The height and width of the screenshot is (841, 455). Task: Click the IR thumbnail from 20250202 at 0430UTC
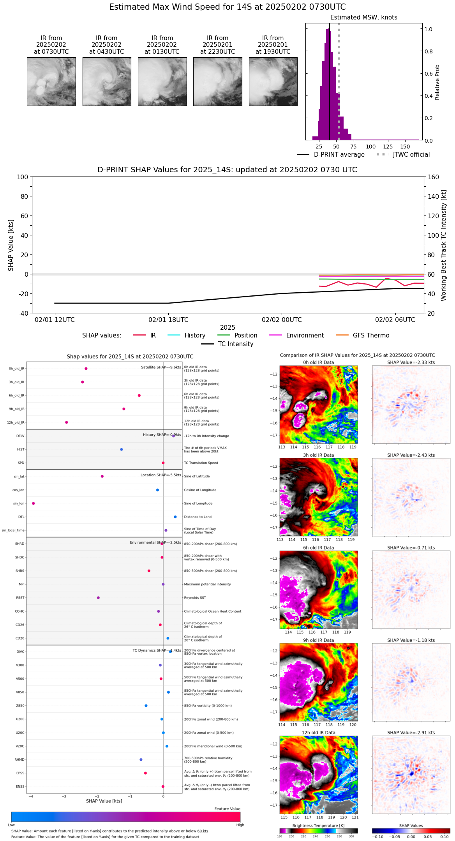[x=107, y=81]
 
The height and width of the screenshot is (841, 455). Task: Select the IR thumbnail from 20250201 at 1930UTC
[x=273, y=81]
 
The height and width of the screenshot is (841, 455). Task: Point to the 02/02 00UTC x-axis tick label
[x=282, y=320]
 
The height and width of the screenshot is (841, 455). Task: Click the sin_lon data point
[x=34, y=504]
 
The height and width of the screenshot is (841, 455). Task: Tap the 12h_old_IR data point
[x=67, y=422]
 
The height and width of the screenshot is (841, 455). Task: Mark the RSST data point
[x=98, y=598]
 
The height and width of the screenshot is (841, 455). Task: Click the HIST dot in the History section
[x=122, y=449]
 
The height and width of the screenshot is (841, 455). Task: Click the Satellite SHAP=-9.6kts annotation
[x=161, y=367]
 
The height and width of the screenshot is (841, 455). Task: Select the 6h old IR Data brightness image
[x=318, y=590]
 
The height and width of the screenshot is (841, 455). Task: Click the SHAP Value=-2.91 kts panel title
[x=411, y=733]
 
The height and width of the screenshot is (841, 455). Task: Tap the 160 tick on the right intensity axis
[x=434, y=177]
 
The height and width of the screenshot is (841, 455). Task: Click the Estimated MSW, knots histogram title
[x=364, y=18]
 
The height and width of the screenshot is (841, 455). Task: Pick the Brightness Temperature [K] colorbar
[x=318, y=831]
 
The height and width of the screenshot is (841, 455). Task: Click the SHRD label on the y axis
[x=19, y=544]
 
